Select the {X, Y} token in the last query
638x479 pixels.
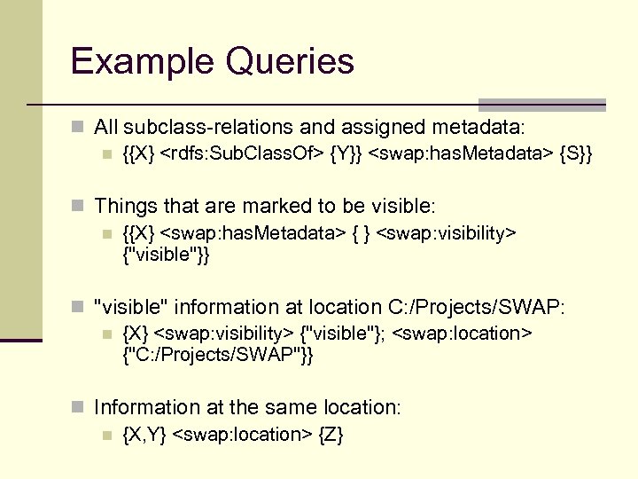pos(143,435)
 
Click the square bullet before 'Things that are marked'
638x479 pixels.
pos(80,207)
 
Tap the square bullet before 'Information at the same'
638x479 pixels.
pos(80,408)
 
